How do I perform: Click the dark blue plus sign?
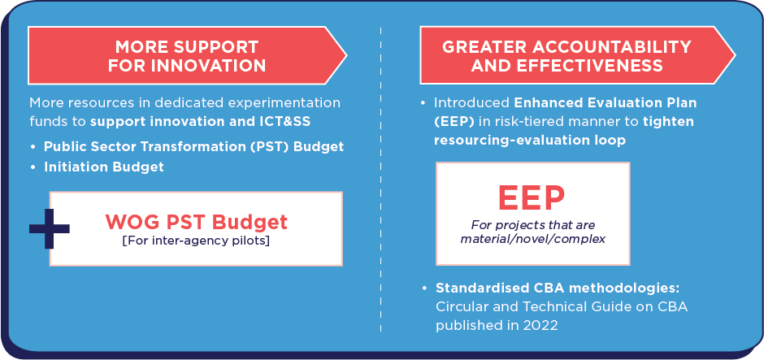[50, 228]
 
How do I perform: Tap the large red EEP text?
[531, 197]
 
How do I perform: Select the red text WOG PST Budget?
[197, 222]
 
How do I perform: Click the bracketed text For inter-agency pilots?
[196, 241]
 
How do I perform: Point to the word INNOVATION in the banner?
[209, 65]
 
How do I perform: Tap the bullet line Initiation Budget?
[104, 167]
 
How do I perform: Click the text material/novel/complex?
[532, 239]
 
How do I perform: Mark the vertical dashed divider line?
[380, 180]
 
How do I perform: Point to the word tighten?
[668, 122]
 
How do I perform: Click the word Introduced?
[471, 103]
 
